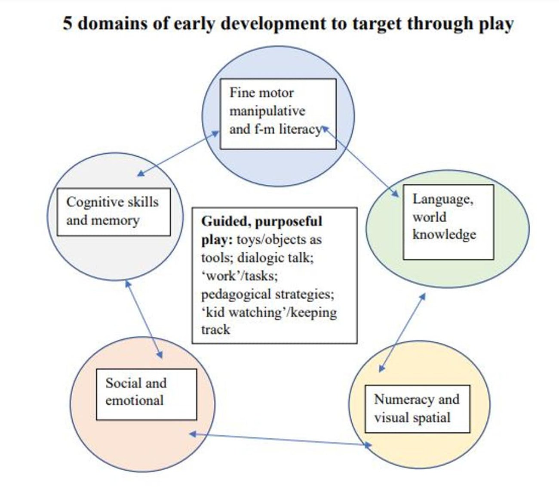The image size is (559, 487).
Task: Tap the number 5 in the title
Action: [68, 23]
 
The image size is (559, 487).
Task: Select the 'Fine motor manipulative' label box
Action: [278, 114]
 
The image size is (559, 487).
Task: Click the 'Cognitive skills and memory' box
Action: [114, 212]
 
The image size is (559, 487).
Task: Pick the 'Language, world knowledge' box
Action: [448, 222]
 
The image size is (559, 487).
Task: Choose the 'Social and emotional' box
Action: [146, 394]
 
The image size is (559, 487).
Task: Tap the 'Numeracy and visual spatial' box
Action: [417, 409]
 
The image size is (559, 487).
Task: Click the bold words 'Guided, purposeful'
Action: [261, 221]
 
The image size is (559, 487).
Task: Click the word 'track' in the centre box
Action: [215, 330]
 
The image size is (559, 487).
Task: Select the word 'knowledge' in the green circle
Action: [444, 235]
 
